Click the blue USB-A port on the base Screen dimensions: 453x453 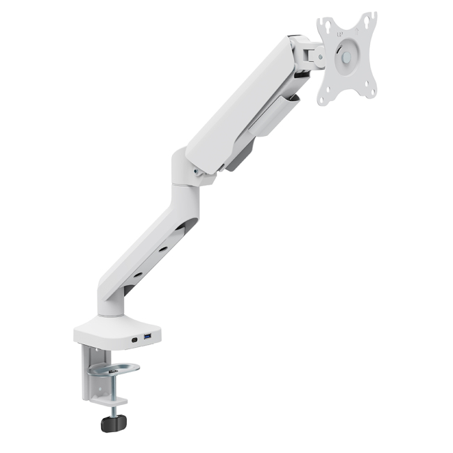click(148, 339)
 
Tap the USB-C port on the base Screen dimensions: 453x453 click(132, 341)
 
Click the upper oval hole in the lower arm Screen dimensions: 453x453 click(180, 229)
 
